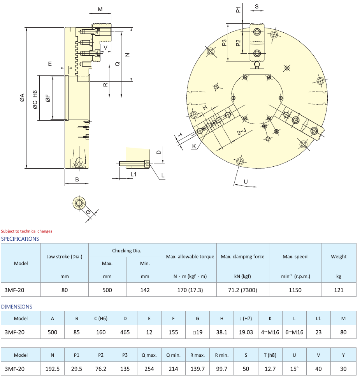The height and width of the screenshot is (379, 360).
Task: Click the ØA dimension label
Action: (x=22, y=98)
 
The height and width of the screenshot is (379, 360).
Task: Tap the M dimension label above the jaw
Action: (x=100, y=9)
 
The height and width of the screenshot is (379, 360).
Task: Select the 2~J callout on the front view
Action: (x=241, y=132)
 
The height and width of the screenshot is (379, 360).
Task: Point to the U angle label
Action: (x=246, y=182)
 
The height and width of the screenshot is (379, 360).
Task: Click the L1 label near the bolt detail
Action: (x=133, y=174)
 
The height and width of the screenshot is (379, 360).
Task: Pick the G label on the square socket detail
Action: (x=88, y=212)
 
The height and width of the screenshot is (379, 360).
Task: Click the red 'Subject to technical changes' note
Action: (x=26, y=231)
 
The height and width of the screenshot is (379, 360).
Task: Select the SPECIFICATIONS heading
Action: (x=20, y=239)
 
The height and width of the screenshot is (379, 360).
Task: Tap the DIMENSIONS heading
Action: (x=17, y=307)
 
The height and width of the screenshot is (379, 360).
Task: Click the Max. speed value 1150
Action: (x=295, y=290)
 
